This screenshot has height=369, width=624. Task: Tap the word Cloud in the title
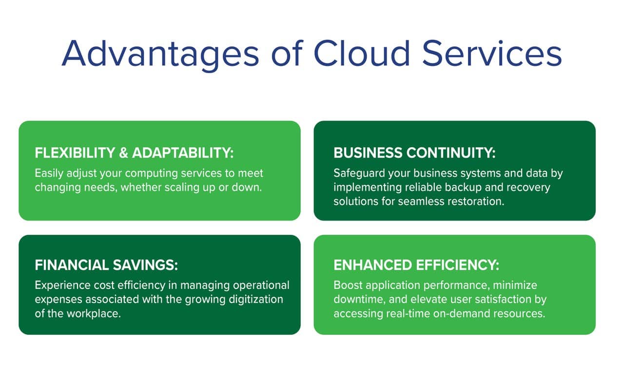tap(362, 53)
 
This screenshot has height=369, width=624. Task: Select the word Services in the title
tap(492, 53)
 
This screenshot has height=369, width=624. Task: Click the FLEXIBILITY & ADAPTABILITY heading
tap(134, 153)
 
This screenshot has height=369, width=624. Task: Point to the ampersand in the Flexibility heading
tap(123, 153)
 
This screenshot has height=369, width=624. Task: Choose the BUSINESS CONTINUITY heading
tap(414, 153)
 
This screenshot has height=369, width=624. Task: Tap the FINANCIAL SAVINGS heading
tap(106, 265)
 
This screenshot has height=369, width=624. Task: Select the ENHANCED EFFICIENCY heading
tap(416, 265)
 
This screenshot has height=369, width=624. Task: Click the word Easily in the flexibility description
tap(49, 173)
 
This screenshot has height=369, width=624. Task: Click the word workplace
tap(94, 314)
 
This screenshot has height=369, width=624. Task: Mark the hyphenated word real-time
tap(408, 314)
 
